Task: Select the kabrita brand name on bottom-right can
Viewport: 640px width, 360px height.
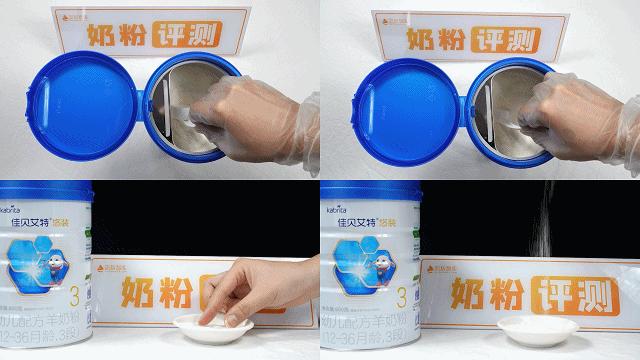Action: point(335,211)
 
